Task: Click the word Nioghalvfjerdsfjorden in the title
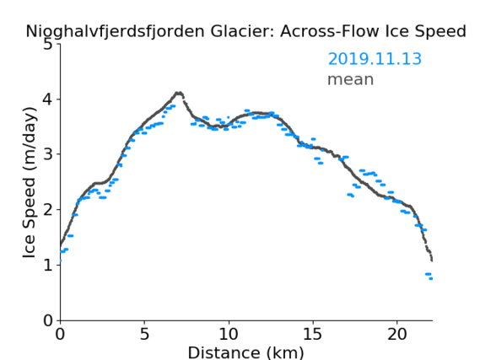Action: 115,32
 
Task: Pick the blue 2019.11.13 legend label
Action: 375,59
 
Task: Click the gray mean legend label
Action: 351,80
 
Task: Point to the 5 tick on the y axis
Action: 48,45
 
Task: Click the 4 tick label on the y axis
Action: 48,99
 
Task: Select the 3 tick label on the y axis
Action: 48,154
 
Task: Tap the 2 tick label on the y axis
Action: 48,210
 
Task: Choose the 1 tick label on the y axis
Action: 48,265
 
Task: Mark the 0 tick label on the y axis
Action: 48,320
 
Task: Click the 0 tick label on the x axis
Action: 60,335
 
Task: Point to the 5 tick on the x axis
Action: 144,335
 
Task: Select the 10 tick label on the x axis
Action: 229,335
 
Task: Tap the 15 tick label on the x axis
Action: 313,335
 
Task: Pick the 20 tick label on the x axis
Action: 397,335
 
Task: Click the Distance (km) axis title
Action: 245,353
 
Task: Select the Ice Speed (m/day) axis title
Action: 29,182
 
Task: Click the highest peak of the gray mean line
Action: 179,93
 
